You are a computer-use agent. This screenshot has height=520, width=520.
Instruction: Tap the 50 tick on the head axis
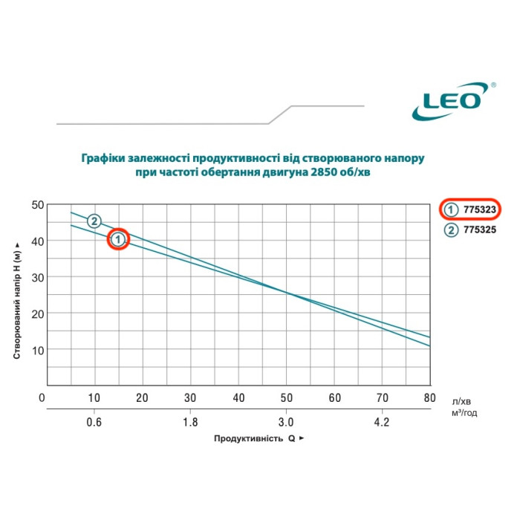(x=35, y=204)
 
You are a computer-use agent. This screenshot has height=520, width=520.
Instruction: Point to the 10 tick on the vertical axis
(x=35, y=349)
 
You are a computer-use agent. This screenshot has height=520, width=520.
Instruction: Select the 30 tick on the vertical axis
(x=35, y=277)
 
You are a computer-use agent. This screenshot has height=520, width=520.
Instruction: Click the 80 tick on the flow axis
(x=429, y=398)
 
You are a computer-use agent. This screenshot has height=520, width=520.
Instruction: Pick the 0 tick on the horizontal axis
(x=42, y=398)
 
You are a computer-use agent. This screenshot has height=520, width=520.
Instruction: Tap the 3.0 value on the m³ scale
(x=287, y=422)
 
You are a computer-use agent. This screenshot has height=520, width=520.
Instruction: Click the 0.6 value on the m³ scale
(x=94, y=422)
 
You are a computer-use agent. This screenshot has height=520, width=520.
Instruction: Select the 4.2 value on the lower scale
(x=381, y=422)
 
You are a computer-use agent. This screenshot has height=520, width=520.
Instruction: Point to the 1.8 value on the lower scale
(x=190, y=422)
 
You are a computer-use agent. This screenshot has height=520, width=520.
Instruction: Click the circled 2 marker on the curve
(x=94, y=221)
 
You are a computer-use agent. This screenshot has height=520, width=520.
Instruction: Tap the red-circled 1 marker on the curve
(x=119, y=239)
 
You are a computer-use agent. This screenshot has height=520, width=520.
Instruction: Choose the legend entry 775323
(x=479, y=209)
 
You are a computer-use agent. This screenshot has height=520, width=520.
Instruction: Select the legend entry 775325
(x=479, y=230)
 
